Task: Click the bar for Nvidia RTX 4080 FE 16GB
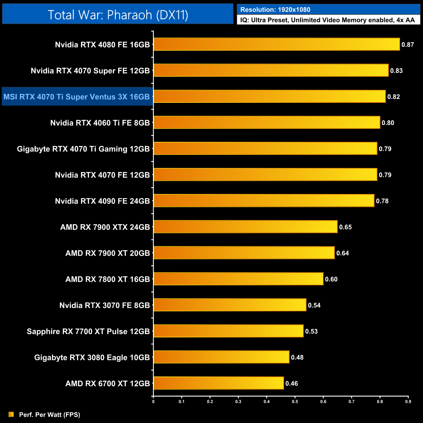[x=277, y=44]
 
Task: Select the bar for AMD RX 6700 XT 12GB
[x=218, y=383]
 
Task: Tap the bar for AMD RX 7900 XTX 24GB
[x=245, y=227]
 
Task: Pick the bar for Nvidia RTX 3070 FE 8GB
[x=230, y=305]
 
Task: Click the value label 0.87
[x=407, y=45]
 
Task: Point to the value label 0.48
[x=297, y=357]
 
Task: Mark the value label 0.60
[x=331, y=279]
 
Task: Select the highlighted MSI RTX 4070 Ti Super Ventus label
[x=77, y=97]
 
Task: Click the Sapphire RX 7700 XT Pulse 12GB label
[x=88, y=331]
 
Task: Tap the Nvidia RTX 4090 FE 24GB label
[x=102, y=201]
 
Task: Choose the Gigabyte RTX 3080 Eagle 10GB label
[x=92, y=357]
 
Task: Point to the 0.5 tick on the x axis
[x=295, y=402]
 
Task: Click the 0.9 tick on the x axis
[x=408, y=402]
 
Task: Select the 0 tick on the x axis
[x=153, y=402]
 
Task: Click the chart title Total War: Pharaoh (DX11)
[x=118, y=15]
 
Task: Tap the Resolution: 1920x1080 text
[x=275, y=10]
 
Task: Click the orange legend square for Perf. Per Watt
[x=11, y=414]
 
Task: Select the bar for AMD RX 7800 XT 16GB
[x=238, y=279]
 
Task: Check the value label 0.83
[x=396, y=71]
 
